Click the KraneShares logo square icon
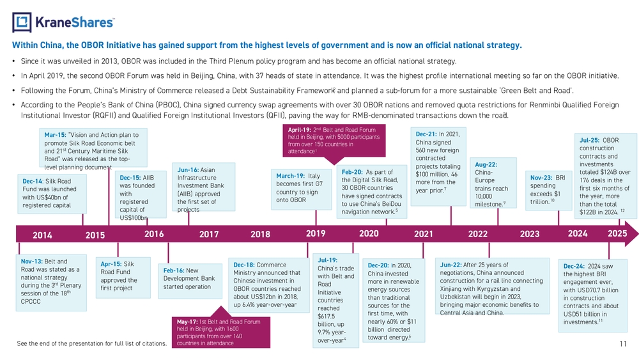[22, 22]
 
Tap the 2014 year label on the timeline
[42, 235]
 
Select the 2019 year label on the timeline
[316, 233]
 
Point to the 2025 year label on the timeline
[617, 233]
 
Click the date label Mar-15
[55, 135]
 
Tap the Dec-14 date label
[33, 182]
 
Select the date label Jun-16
[188, 170]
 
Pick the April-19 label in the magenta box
[300, 130]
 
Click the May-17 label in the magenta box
[187, 322]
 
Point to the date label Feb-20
[352, 172]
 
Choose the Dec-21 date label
[426, 134]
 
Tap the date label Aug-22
[486, 165]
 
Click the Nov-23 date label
[541, 178]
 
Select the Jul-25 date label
[590, 140]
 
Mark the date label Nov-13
[32, 262]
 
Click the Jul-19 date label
[328, 260]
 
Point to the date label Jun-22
[450, 265]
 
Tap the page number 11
[623, 343]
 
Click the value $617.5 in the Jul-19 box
[326, 317]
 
